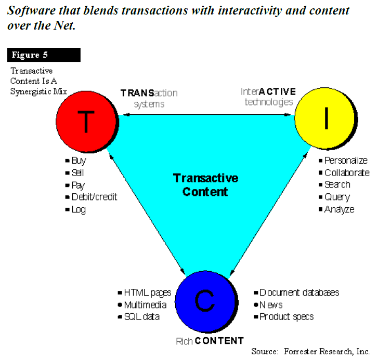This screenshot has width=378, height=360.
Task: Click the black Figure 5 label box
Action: coord(44,55)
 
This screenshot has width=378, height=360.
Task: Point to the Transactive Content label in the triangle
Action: coord(206,185)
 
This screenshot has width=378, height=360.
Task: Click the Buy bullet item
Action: coord(78,161)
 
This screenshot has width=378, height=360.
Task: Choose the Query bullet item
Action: coord(337,197)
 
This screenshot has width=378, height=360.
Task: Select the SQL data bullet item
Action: coord(141,317)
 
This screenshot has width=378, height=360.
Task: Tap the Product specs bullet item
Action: coord(286,316)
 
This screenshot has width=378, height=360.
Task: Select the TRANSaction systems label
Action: coord(149,98)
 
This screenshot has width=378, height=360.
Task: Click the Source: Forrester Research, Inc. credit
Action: coord(310,352)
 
